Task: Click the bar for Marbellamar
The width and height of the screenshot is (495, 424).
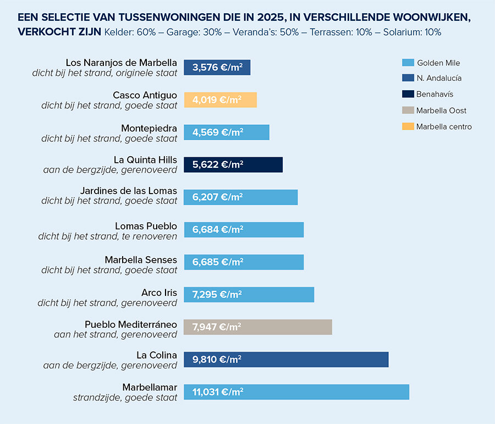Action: point(296,392)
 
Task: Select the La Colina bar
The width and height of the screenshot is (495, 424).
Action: point(286,360)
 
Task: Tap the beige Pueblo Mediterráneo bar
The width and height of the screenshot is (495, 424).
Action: point(258,327)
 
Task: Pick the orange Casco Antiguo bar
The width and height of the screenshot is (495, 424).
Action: point(220,100)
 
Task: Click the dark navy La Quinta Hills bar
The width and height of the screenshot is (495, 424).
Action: point(233,164)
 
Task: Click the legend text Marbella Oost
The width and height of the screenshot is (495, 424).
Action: point(441,111)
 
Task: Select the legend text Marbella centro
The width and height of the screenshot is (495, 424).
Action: point(444,126)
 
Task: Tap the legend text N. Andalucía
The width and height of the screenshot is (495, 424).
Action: point(439,79)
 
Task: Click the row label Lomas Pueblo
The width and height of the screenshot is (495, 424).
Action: point(146,226)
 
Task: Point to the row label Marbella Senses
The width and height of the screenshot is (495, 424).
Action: point(141,259)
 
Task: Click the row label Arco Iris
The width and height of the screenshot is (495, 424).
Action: point(159,292)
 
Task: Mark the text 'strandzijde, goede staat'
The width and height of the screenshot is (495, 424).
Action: point(125,398)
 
